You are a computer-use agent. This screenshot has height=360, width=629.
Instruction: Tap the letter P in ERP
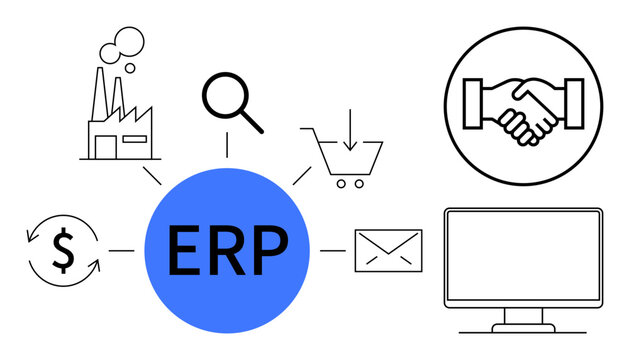tap(270, 251)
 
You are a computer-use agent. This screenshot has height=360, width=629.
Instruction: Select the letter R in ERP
tap(226, 251)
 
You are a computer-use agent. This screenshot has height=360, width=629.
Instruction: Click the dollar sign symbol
tap(63, 251)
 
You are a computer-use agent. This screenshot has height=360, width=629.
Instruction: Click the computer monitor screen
tap(521, 256)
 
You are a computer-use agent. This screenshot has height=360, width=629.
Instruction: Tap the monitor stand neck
tap(521, 316)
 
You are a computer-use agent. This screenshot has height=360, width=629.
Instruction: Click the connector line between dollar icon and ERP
tap(121, 251)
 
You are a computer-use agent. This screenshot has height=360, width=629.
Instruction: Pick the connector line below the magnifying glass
tap(227, 146)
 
